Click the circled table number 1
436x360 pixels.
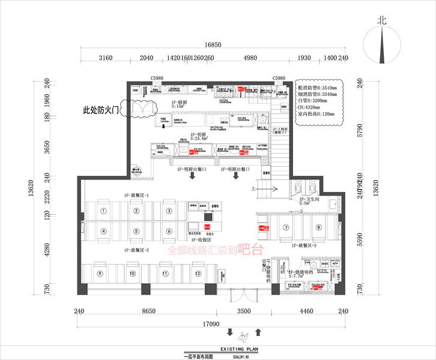click(x=104, y=211)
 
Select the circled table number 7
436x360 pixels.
click(x=286, y=227)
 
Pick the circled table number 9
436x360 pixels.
click(x=101, y=273)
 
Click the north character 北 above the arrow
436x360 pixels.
click(x=381, y=19)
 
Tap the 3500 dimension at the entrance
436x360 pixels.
click(x=243, y=311)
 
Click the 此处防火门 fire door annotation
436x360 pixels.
click(x=101, y=110)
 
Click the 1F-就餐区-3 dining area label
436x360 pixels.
click(x=307, y=246)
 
